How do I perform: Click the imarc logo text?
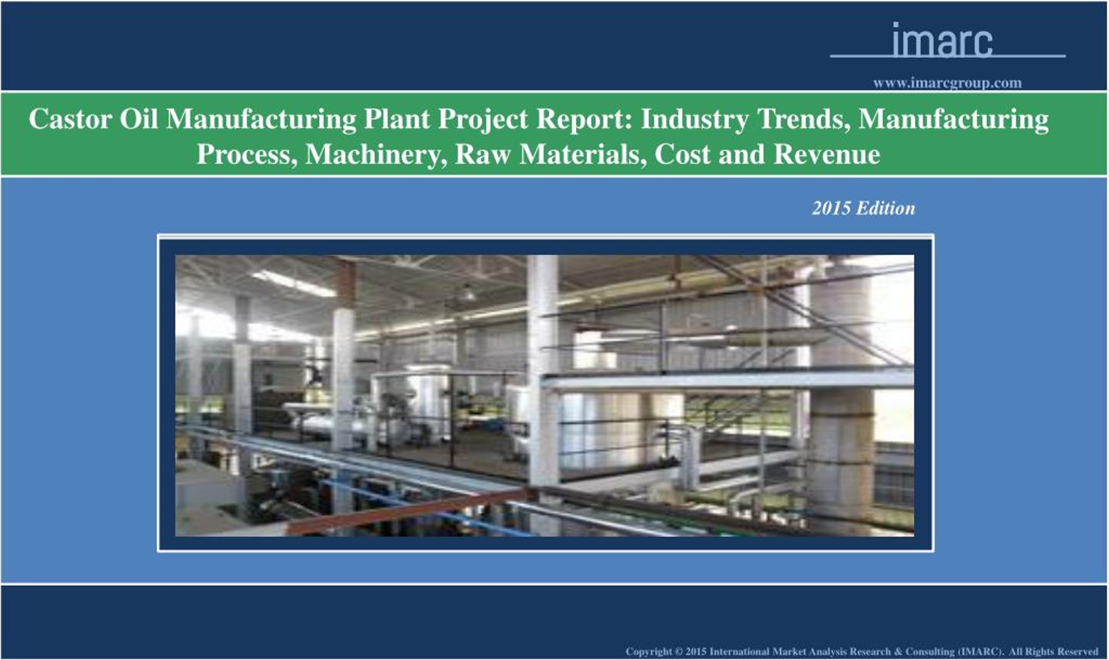(942, 41)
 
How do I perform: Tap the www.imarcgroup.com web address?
(947, 83)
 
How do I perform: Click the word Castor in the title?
(70, 119)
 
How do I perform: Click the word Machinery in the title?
(376, 154)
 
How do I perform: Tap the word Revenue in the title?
(826, 154)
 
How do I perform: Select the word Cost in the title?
(682, 154)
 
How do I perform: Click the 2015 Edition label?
(863, 208)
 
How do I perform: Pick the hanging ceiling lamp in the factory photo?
(467, 294)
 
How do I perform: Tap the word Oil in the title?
(138, 119)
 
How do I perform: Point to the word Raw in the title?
(483, 154)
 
